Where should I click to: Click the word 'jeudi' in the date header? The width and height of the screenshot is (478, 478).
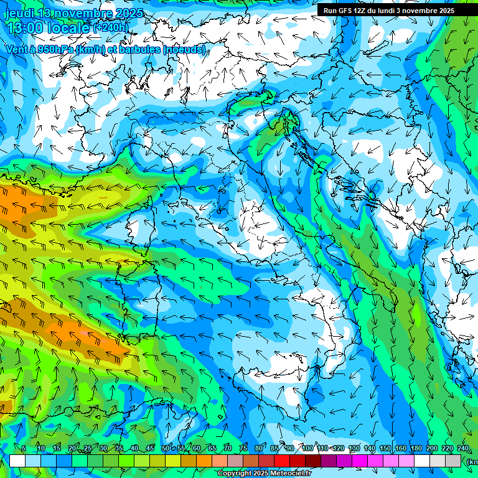[x=19, y=13]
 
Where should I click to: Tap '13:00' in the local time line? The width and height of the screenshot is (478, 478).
[x=26, y=28]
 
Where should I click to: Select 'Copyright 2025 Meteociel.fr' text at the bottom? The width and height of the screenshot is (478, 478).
[x=264, y=474]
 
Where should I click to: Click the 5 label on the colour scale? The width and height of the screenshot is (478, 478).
[x=24, y=448]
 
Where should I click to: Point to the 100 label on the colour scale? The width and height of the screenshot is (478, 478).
[x=307, y=448]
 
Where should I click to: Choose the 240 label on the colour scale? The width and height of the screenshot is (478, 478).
[x=462, y=448]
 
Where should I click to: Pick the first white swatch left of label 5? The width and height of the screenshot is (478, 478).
[x=17, y=461]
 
